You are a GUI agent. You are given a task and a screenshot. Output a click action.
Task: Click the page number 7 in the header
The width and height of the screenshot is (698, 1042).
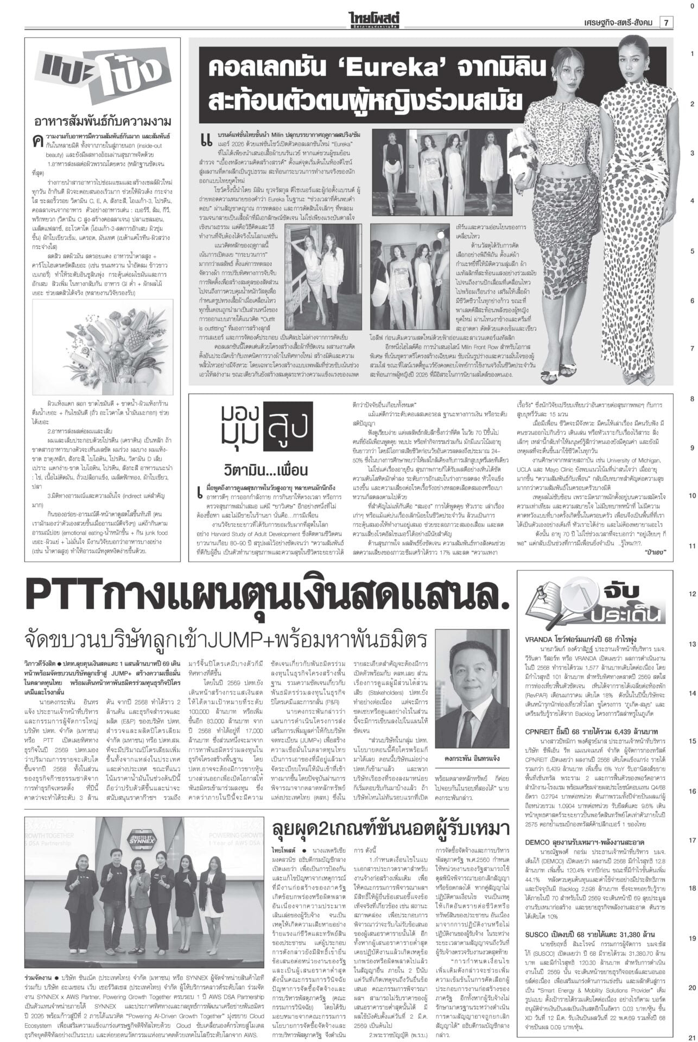pyautogui.click(x=665, y=22)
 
